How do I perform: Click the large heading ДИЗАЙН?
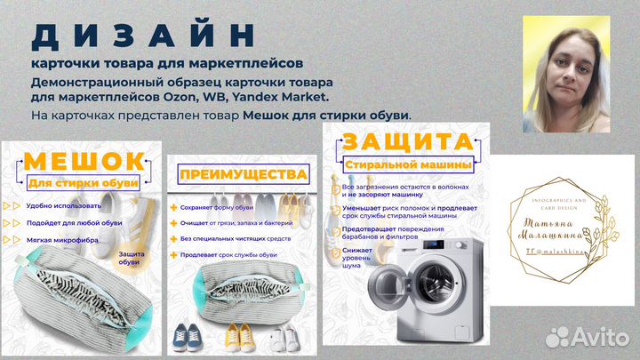pos(143,35)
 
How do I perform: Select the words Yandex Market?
pos(285,96)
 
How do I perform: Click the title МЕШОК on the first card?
pos(84,161)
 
